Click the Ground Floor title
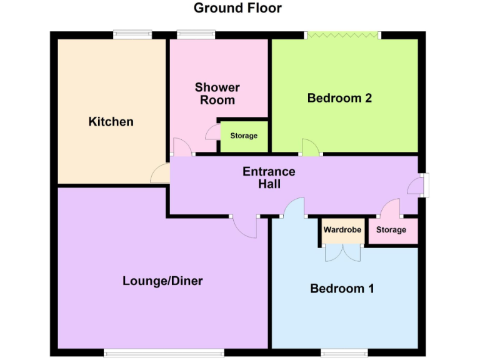(x=237, y=8)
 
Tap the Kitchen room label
(x=111, y=121)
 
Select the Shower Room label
(x=217, y=94)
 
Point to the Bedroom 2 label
(x=339, y=98)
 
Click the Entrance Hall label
(x=269, y=177)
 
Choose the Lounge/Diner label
(x=162, y=281)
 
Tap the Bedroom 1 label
(x=342, y=288)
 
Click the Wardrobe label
(x=342, y=230)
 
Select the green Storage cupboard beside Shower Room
(x=243, y=136)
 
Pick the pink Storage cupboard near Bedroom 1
(x=391, y=231)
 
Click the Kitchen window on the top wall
(x=132, y=35)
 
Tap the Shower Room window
(x=196, y=35)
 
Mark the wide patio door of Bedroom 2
(x=342, y=36)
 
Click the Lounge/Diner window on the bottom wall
(x=164, y=353)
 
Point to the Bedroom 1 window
(x=342, y=353)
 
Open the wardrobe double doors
(x=342, y=252)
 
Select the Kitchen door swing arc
(x=160, y=174)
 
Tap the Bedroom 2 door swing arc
(x=310, y=147)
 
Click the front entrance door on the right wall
(x=423, y=185)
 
